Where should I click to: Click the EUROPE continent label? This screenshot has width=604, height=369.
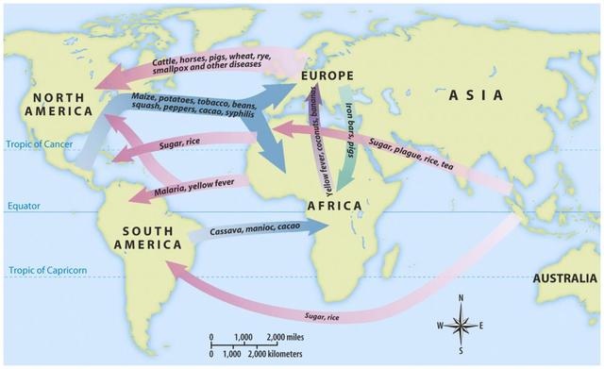tap(329, 75)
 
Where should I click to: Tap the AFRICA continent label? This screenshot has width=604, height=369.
tap(335, 205)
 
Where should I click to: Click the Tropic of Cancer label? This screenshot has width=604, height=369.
tap(35, 144)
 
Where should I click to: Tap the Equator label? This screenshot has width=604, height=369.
tap(23, 206)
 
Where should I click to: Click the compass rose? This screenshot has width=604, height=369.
tap(461, 326)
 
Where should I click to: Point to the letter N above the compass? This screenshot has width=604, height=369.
tap(461, 298)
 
